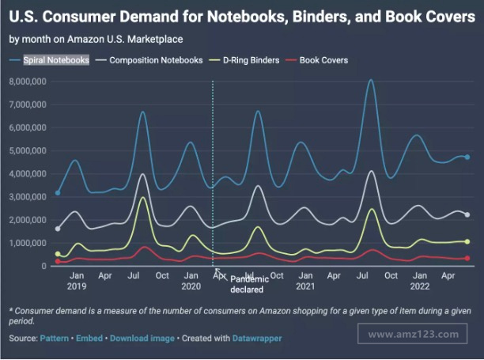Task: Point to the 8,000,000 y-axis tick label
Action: [28, 81]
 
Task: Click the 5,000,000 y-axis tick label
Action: [28, 150]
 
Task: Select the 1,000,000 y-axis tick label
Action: [28, 243]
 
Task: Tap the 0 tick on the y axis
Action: [45, 267]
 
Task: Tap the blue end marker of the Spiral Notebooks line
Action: [467, 157]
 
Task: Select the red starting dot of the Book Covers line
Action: [58, 261]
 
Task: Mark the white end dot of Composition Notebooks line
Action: [467, 214]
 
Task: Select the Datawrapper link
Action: [256, 339]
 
